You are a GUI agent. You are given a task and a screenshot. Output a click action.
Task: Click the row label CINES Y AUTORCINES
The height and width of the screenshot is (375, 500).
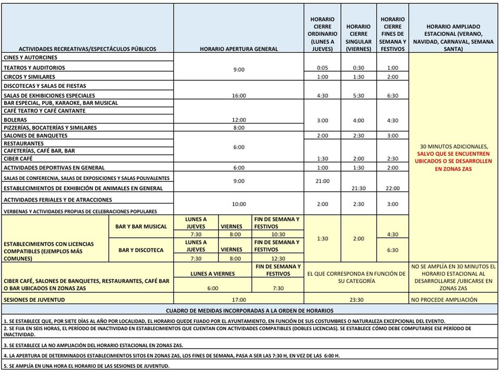coord(30,57)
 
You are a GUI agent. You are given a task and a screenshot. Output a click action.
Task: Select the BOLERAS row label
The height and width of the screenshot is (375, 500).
coord(15,120)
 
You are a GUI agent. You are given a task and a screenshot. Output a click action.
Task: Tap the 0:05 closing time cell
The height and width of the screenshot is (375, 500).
coord(322,68)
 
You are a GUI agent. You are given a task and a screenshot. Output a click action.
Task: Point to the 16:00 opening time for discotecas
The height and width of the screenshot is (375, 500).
coord(239,96)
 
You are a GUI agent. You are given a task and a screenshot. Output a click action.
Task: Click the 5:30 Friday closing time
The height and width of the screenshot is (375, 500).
coord(358,96)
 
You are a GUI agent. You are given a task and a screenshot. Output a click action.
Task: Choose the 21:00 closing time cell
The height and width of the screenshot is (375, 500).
coord(322,181)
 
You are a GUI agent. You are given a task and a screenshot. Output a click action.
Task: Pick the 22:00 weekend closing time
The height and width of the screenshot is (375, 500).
coord(392,188)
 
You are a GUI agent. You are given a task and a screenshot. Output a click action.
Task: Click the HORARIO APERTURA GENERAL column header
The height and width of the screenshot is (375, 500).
coord(239,49)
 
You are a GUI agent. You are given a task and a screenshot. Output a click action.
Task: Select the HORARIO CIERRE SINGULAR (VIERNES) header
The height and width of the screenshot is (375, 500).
coord(358,37)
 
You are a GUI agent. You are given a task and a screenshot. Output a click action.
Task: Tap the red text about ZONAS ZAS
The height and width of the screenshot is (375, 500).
coord(453,161)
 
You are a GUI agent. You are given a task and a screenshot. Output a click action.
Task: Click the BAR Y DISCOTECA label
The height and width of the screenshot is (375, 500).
coord(141,250)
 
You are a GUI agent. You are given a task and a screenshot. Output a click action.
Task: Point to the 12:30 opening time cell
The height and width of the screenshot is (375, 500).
coord(278,258)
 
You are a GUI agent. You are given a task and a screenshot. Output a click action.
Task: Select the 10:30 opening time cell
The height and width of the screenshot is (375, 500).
coord(278,234)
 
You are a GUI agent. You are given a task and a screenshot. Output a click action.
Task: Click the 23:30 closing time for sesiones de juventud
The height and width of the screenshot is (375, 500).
coord(356,300)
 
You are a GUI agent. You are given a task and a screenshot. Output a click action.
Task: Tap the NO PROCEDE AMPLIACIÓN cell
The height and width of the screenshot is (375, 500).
coord(444,300)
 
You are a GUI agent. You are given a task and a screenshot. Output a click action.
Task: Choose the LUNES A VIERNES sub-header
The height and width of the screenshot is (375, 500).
coord(212,274)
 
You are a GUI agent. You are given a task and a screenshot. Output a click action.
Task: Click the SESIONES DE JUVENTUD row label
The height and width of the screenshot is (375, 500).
coord(34,300)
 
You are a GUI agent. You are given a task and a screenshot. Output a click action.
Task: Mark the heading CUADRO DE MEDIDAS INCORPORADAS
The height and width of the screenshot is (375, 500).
coord(250,311)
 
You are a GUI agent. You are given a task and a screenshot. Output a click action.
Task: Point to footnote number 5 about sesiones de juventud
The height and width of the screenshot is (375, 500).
coord(87,366)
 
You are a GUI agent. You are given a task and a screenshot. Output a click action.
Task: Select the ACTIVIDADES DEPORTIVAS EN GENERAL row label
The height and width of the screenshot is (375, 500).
coord(54,167)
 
